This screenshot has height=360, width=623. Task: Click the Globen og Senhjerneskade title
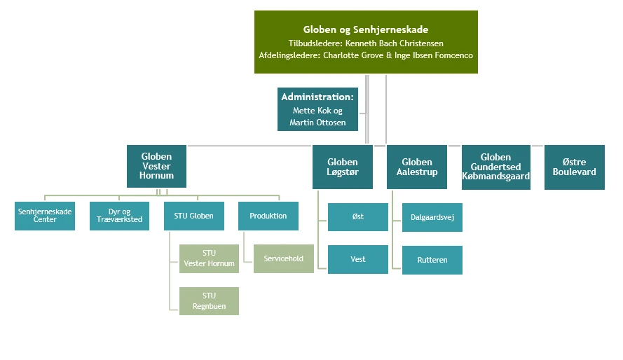click(x=365, y=29)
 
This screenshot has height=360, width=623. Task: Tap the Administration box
click(x=317, y=109)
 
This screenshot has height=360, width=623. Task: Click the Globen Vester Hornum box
click(x=156, y=166)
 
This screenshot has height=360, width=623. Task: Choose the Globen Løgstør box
click(x=342, y=167)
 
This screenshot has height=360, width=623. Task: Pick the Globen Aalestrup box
click(x=416, y=167)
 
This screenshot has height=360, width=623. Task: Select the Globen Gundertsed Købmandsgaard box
click(x=495, y=167)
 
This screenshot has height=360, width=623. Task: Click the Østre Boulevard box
click(x=574, y=167)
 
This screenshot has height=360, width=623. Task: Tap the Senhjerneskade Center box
click(x=45, y=216)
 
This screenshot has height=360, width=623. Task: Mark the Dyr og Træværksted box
click(x=119, y=216)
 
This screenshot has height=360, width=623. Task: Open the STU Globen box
click(x=194, y=216)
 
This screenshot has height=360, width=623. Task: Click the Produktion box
click(x=268, y=216)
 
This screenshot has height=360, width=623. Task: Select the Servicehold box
click(x=283, y=258)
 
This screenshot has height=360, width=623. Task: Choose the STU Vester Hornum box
click(x=209, y=258)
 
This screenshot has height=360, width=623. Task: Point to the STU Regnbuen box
click(x=209, y=301)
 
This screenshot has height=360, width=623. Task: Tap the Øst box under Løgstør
click(x=357, y=217)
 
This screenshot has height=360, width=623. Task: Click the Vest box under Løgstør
click(x=357, y=259)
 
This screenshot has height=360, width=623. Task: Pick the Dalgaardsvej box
click(x=432, y=217)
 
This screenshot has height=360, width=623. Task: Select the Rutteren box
click(x=432, y=260)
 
